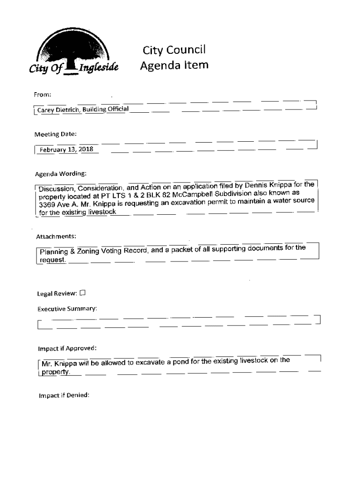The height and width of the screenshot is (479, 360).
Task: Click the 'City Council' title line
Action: point(174,50)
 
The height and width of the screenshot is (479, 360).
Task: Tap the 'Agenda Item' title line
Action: point(174,65)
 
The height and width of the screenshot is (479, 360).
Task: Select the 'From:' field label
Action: point(42,94)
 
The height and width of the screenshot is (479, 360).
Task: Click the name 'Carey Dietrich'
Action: point(58,110)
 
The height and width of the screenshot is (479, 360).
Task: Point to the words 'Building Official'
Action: point(106,109)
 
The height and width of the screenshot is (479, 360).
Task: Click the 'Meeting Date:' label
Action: point(55,134)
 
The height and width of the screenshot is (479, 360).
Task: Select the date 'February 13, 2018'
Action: point(66,150)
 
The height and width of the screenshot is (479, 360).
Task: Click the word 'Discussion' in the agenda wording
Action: point(56,189)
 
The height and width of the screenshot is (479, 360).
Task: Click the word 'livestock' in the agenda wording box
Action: point(102,212)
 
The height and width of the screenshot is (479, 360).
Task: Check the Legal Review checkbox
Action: point(83,293)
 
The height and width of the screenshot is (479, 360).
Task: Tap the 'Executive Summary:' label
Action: point(67,309)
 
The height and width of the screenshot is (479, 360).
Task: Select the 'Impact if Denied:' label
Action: point(64,395)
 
